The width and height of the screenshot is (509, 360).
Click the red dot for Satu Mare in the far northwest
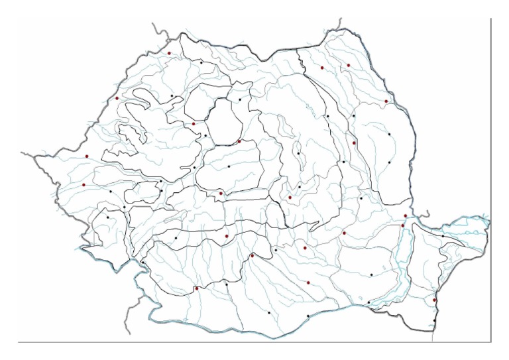pos(169,53)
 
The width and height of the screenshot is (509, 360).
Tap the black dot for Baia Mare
pos(201,62)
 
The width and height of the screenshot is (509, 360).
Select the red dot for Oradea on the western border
pos(117,98)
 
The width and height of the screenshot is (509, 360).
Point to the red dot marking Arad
pos(86,156)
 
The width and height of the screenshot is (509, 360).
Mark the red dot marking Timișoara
pos(84,185)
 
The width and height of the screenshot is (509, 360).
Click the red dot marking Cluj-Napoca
pos(194,123)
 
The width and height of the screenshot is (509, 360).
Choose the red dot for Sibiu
pos(221,193)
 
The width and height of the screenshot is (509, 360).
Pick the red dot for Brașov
pos(290,197)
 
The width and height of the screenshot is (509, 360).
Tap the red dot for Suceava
pos(322,68)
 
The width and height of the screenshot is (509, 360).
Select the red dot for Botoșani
pos(348,65)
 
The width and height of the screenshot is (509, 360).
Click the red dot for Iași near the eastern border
pos(386,101)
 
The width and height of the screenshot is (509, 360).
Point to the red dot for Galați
pos(406,215)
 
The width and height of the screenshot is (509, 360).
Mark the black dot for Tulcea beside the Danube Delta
pos(443,235)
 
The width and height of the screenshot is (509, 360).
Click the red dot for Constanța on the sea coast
pos(435,300)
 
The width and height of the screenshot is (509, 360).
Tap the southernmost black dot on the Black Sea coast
pos(435,321)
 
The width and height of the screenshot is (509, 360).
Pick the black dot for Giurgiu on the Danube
pos(308,316)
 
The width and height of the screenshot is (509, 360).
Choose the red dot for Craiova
pos(196,288)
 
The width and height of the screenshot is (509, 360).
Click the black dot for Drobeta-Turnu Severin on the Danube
pos(142,263)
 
